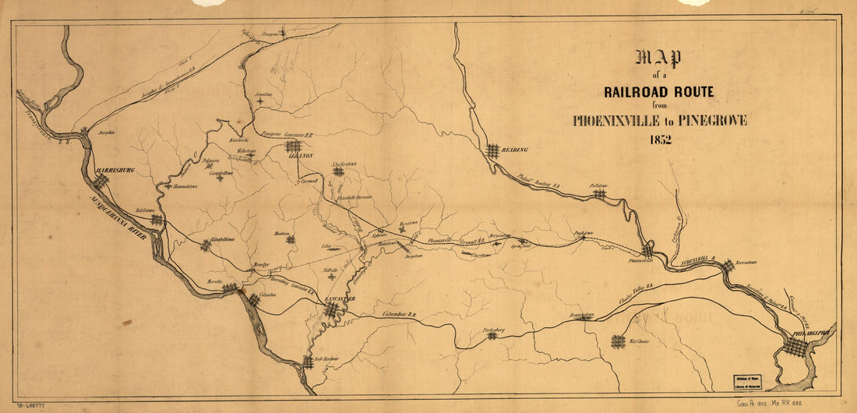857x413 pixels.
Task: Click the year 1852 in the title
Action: pos(658,140)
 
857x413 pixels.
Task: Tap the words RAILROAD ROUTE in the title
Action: pos(659,92)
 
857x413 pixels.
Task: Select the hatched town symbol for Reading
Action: pos(492,150)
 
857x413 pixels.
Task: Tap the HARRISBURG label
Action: pos(115,169)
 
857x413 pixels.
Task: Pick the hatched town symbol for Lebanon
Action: pos(294,146)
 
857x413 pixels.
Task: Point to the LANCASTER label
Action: pos(341,299)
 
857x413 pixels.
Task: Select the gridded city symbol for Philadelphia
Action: pos(795,347)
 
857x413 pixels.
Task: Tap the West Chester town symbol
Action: pos(618,341)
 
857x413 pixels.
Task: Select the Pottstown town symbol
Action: pos(598,194)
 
